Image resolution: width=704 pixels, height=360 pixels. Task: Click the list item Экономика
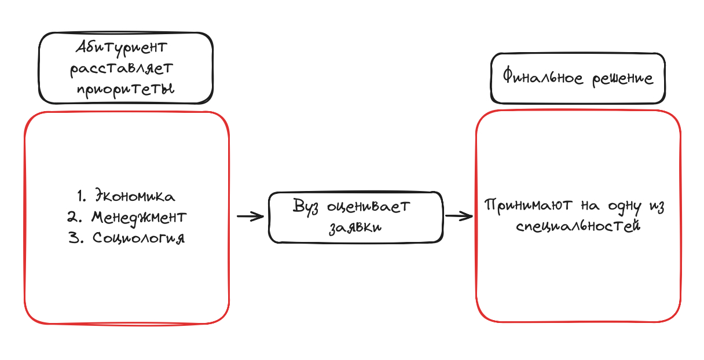(x=135, y=196)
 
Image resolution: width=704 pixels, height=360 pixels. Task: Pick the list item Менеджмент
(x=139, y=218)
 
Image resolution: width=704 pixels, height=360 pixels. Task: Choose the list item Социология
(x=138, y=238)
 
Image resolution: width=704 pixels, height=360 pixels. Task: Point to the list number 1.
(x=82, y=196)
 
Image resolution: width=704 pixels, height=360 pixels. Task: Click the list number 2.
(x=74, y=217)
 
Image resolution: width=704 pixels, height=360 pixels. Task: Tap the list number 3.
(x=76, y=238)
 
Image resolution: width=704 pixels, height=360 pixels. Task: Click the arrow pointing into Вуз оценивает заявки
(x=251, y=216)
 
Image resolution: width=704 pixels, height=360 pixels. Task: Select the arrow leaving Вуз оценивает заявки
(x=459, y=216)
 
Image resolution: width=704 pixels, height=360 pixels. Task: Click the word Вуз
(x=306, y=207)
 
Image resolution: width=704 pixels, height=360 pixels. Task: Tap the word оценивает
(x=368, y=207)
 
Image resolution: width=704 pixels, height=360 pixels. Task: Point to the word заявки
(x=355, y=227)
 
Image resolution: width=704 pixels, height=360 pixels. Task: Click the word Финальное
(x=543, y=77)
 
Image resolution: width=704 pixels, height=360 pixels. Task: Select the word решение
(x=622, y=79)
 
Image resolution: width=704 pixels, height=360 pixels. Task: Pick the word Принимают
(x=528, y=206)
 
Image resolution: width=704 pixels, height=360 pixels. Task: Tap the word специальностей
(x=578, y=226)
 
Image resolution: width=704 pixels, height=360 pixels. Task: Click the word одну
(x=625, y=207)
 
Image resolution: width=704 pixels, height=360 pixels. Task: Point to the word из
(x=657, y=207)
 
